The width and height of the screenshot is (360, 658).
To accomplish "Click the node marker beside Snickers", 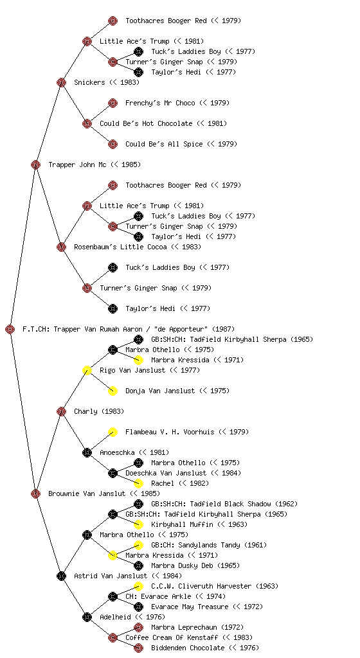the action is click(61, 82).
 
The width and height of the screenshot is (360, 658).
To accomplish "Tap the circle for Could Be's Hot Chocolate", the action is click(87, 123).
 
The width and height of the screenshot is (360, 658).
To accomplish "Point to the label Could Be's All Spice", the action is click(164, 144).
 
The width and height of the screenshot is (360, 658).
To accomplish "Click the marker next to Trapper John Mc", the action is click(35, 164).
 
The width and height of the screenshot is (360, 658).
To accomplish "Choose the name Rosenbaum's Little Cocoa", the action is click(120, 247).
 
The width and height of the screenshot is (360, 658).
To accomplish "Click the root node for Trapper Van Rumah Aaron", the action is click(10, 329).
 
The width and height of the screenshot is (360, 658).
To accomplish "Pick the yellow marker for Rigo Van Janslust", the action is click(87, 370).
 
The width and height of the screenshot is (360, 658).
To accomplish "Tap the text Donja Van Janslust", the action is click(160, 391).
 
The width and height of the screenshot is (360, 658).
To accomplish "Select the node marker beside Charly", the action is click(61, 411).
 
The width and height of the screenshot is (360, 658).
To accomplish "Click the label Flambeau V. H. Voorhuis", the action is click(170, 432).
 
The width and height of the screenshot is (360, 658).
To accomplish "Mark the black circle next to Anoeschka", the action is click(87, 452).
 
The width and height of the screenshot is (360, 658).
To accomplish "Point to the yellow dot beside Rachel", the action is click(138, 483).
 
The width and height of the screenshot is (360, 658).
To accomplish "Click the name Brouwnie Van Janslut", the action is click(87, 493).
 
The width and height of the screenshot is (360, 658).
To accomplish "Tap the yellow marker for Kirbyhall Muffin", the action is click(138, 524).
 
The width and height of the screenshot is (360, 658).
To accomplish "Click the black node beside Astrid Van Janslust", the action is click(61, 576).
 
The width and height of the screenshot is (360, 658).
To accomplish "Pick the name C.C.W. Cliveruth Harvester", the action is click(201, 586).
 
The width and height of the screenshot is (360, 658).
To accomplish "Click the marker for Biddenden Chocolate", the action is click(138, 648).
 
